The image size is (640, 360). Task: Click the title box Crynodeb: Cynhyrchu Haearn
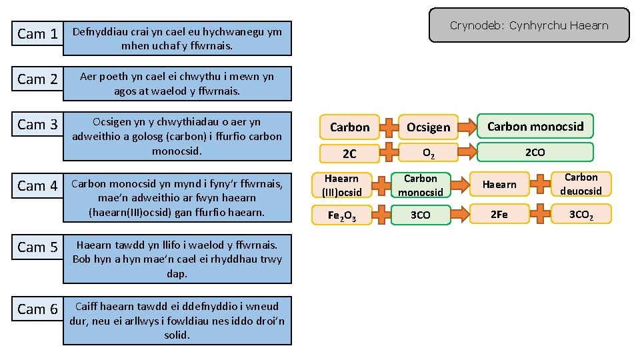tap(529, 25)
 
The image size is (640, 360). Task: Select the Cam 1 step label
tap(37, 33)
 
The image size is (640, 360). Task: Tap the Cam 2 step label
tap(37, 79)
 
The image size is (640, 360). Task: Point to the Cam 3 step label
tap(37, 124)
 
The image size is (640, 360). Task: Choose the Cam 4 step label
tap(37, 185)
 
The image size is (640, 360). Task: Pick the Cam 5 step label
tap(37, 247)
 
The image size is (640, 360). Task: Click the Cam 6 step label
tap(37, 309)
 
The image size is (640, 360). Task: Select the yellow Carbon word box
tap(349, 127)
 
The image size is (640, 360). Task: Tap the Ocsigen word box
tap(429, 127)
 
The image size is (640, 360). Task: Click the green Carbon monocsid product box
tap(535, 126)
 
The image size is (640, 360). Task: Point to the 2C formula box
tap(349, 154)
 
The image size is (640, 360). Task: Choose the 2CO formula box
tap(535, 152)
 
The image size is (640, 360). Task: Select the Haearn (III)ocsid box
tap(341, 185)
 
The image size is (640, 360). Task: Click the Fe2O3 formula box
tap(341, 215)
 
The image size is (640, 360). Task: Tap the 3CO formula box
tap(421, 215)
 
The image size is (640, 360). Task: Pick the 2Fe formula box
tap(499, 214)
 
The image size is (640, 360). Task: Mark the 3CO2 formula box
tap(581, 214)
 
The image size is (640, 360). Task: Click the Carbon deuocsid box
tap(581, 184)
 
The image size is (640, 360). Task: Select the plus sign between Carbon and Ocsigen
tap(389, 127)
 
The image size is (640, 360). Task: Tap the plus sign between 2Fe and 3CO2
tap(540, 214)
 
